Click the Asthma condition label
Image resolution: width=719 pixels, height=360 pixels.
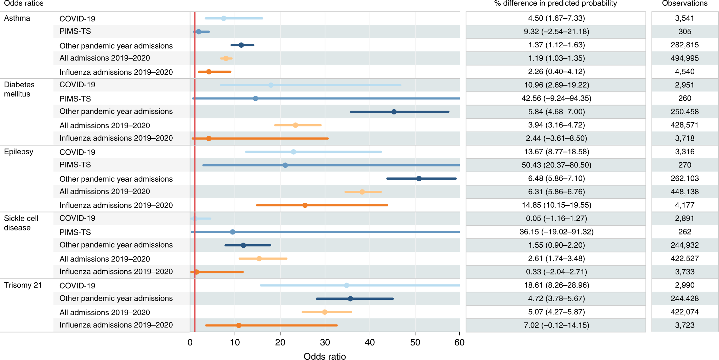(17, 18)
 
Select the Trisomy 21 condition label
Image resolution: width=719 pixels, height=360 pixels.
(23, 285)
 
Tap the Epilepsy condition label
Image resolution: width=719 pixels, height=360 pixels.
(19, 152)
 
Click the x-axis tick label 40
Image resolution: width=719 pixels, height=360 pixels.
(370, 342)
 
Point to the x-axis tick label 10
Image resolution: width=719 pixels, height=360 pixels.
(235, 342)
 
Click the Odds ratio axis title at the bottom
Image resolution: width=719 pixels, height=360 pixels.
(324, 356)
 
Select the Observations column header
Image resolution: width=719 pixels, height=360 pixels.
(684, 3)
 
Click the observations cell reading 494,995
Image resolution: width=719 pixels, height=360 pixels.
(684, 58)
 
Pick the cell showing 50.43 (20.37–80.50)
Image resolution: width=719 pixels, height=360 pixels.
(556, 165)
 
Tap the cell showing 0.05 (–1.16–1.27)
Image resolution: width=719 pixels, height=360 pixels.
(556, 219)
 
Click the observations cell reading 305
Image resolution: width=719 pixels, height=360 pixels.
(684, 31)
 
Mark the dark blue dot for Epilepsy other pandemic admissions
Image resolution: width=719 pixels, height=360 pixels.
(419, 179)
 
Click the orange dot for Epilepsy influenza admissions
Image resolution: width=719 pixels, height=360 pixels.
(305, 205)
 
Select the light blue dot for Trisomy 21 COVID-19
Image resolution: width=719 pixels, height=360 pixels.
(346, 286)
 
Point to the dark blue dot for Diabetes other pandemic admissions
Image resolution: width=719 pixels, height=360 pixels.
(394, 112)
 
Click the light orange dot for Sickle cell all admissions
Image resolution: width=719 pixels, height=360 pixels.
(259, 259)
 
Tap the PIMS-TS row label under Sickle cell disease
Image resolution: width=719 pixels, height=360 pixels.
(75, 232)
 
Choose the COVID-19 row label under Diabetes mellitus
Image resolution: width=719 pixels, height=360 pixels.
(77, 85)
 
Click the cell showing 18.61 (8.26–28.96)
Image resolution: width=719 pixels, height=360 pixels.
(556, 285)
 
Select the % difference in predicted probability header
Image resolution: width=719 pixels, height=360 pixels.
(555, 3)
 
